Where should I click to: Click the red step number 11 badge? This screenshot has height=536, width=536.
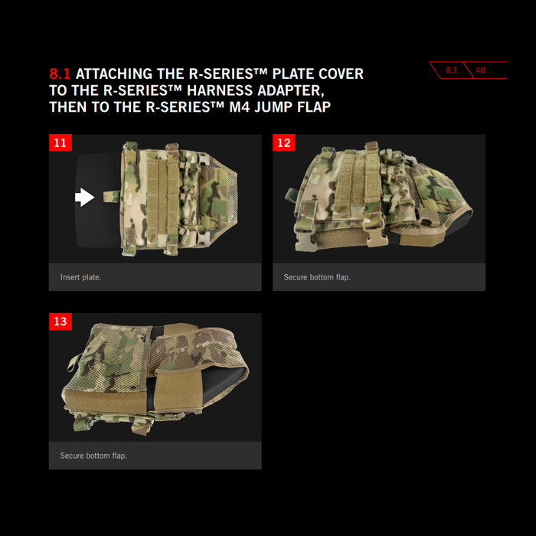pos(60,142)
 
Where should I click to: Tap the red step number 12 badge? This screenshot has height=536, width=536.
pos(284,142)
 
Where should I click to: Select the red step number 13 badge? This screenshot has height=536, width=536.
pos(60,322)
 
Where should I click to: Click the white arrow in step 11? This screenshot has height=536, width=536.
pos(84,198)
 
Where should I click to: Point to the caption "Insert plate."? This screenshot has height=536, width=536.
pos(80,277)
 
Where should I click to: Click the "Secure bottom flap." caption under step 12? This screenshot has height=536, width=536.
pos(317,277)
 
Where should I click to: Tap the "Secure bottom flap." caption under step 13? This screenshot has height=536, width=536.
pos(93,456)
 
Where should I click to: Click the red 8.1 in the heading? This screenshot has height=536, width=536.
pos(60,74)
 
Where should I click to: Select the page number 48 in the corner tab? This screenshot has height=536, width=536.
pos(480,70)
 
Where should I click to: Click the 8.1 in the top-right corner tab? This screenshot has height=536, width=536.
pos(451,70)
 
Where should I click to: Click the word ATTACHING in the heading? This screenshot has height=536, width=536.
pos(114,74)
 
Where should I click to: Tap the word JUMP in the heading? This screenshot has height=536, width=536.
pos(273,107)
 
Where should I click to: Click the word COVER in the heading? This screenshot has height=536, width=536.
pos(341,74)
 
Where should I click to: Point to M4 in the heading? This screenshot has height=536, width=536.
pos(240,107)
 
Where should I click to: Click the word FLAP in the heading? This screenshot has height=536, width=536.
pos(314,107)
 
